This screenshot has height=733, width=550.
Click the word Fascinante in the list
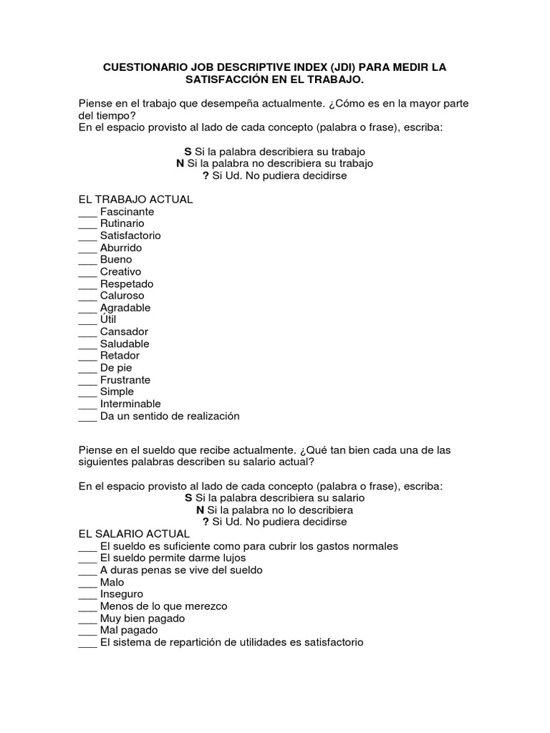point(127,212)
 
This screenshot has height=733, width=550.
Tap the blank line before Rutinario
point(87,224)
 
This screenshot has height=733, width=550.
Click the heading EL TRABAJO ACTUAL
point(135,199)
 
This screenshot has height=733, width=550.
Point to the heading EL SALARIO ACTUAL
point(134,534)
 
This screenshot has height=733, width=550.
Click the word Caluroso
point(122,296)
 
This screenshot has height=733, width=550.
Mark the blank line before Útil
point(87,320)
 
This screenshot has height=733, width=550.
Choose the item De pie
point(116,368)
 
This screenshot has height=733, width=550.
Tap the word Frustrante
point(125,380)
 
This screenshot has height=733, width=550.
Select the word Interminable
point(130,404)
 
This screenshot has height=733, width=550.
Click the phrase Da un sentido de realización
point(170,416)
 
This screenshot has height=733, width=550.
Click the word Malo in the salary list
point(112,582)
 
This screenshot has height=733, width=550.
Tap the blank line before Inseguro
point(87,595)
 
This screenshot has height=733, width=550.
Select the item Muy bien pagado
point(143,618)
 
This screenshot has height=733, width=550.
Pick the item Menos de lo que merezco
point(163,606)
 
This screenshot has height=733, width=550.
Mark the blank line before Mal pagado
point(87,631)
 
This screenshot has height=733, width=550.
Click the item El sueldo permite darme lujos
point(173,558)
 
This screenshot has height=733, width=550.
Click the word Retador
point(120,356)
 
